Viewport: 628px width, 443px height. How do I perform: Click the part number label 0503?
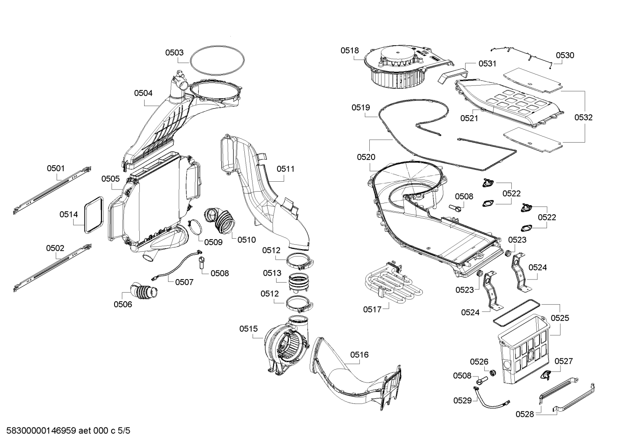(x=174, y=53)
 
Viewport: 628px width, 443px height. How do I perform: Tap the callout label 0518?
(x=350, y=50)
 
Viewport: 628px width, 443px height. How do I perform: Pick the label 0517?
(x=372, y=309)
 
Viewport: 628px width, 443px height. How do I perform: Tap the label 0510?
(x=246, y=240)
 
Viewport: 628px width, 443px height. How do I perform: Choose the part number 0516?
(x=359, y=355)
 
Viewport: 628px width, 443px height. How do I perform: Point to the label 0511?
(x=285, y=169)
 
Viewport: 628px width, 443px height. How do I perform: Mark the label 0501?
(x=56, y=168)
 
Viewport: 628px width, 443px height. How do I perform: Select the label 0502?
(x=55, y=248)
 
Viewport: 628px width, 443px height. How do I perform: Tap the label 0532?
(x=583, y=117)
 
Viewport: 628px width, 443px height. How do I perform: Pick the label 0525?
(x=560, y=318)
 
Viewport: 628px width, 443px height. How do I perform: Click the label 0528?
(x=525, y=414)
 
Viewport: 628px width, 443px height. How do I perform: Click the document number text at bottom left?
(x=65, y=431)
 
